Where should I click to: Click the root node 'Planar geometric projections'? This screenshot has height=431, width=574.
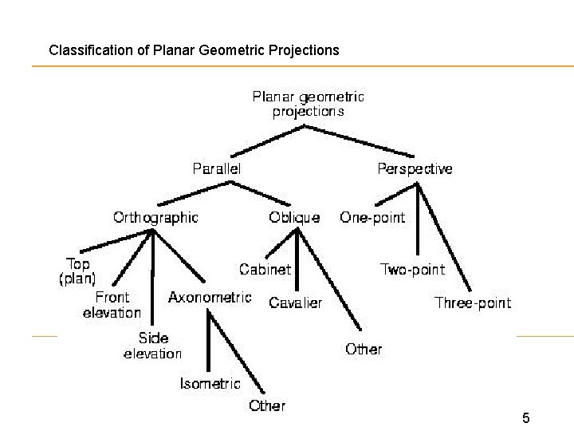pos(308,104)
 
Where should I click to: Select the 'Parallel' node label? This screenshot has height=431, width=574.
pos(216,168)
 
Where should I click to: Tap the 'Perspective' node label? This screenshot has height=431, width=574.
pos(415,168)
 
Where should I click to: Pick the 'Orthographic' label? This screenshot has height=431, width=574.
pos(155,217)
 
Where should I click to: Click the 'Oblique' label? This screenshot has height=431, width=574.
pos(294,217)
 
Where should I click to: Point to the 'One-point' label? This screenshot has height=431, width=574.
pos(372,217)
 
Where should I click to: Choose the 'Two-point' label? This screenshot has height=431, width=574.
pos(412,269)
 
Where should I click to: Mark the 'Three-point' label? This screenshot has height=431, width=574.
pos(473,302)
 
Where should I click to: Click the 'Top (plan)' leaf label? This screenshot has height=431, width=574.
pos(77,271)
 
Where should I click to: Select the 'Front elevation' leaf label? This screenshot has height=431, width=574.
pos(112,305)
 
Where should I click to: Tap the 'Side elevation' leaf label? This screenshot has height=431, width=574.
pos(152,346)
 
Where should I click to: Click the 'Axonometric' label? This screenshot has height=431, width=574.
pos(210,297)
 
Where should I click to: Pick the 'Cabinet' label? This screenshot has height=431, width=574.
pos(265,270)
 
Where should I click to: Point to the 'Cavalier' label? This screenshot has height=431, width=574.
pos(295,303)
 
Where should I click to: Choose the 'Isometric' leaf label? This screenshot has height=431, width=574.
pos(210,383)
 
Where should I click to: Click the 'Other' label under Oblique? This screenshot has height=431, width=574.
pos(364,349)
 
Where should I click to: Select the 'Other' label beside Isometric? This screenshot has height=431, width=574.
pos(267,405)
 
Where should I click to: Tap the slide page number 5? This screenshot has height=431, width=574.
pos(526,417)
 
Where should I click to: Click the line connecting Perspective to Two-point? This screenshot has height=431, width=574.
pos(417,223)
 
